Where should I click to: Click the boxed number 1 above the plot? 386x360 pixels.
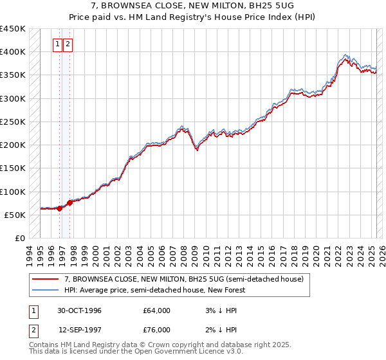(58, 44)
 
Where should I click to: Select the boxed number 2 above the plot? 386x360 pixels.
(68, 44)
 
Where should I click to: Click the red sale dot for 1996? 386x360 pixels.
(60, 208)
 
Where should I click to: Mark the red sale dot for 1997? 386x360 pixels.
(69, 203)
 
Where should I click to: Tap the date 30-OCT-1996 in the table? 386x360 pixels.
(80, 311)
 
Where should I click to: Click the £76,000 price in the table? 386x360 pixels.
(157, 330)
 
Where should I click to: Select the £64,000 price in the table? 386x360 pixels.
(157, 311)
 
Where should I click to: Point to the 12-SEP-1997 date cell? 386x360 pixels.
(80, 330)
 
